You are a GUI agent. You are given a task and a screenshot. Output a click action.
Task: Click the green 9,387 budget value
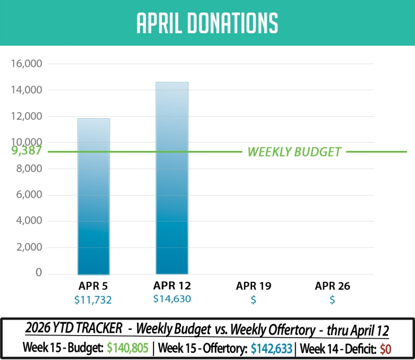pyautogui.click(x=26, y=151)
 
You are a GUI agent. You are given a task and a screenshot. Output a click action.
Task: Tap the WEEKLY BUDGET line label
pyautogui.click(x=294, y=152)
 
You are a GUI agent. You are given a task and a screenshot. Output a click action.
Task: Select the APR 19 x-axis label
pyautogui.click(x=254, y=286)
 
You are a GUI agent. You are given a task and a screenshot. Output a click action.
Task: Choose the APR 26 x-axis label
pyautogui.click(x=333, y=286)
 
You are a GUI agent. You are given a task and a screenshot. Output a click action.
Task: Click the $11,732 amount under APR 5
pyautogui.click(x=93, y=300)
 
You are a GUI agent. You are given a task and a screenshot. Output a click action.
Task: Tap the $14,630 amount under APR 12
pyautogui.click(x=172, y=299)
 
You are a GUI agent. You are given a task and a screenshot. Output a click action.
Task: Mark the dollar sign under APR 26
pyautogui.click(x=333, y=300)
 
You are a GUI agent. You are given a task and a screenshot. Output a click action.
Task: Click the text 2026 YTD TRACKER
pyautogui.click(x=74, y=330)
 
